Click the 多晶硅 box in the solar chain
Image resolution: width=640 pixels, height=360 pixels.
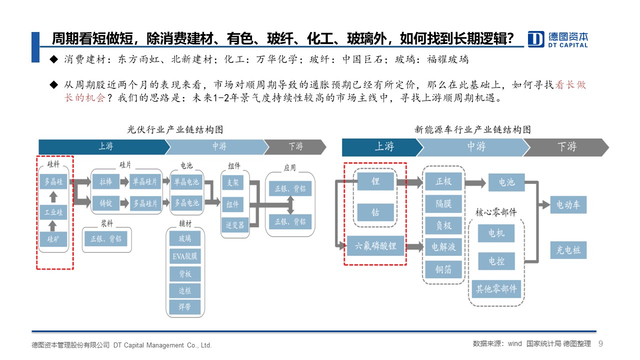(53, 181)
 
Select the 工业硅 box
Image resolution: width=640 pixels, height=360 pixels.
(53, 212)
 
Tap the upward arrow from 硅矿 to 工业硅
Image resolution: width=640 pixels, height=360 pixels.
(52, 226)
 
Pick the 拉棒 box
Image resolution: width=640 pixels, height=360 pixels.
(106, 181)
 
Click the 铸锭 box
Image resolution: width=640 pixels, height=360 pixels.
(106, 203)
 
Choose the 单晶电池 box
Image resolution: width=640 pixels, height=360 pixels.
(186, 181)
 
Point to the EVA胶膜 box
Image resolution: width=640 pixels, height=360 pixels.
(185, 256)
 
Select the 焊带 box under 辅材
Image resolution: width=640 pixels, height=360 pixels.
(185, 307)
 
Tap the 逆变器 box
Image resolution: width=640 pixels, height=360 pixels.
(235, 225)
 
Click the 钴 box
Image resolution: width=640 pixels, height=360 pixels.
(375, 212)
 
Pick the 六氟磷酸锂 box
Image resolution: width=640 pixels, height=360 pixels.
(375, 245)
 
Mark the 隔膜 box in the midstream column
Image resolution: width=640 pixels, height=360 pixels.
(443, 203)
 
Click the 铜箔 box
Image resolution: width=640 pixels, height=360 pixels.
(443, 269)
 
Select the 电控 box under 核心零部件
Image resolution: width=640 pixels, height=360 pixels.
(496, 261)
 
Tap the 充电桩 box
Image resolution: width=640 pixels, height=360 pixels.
(568, 250)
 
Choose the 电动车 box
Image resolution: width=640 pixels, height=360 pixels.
(568, 204)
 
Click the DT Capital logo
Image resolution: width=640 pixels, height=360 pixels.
(557, 39)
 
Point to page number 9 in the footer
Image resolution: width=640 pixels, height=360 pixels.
(600, 343)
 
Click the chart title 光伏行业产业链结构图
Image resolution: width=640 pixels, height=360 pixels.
(175, 129)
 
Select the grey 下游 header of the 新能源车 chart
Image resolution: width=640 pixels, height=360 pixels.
(566, 147)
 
